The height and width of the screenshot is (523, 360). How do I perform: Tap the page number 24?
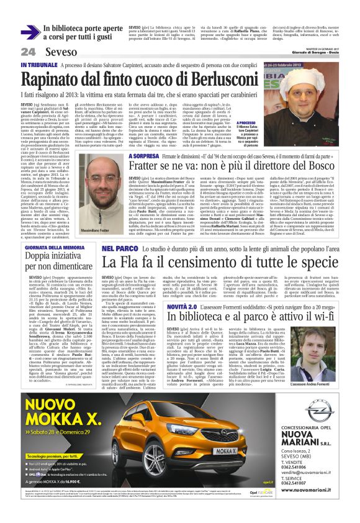pyautogui.click(x=28, y=51)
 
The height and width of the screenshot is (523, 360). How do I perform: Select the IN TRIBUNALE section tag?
pyautogui.click(x=41, y=65)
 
